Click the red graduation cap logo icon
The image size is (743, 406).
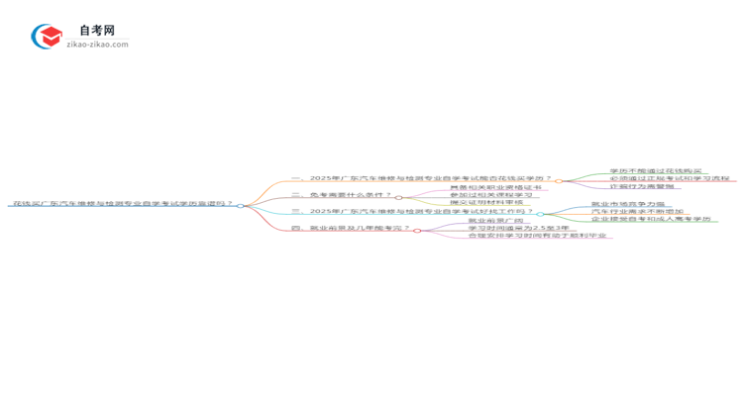[47, 37]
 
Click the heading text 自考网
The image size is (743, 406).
[96, 31]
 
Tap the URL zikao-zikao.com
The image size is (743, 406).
[97, 45]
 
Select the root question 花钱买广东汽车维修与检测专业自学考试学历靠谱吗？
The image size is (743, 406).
[122, 203]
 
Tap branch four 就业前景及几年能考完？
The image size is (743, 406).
[352, 228]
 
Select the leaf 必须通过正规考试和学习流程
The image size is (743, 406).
[669, 179]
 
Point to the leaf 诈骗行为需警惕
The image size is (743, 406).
[642, 186]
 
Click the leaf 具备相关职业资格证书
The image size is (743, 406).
[495, 187]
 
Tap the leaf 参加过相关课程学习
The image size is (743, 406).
[490, 195]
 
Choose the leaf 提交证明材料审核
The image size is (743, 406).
[486, 202]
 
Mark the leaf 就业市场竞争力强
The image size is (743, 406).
[628, 204]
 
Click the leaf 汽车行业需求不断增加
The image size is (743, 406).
[637, 211]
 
